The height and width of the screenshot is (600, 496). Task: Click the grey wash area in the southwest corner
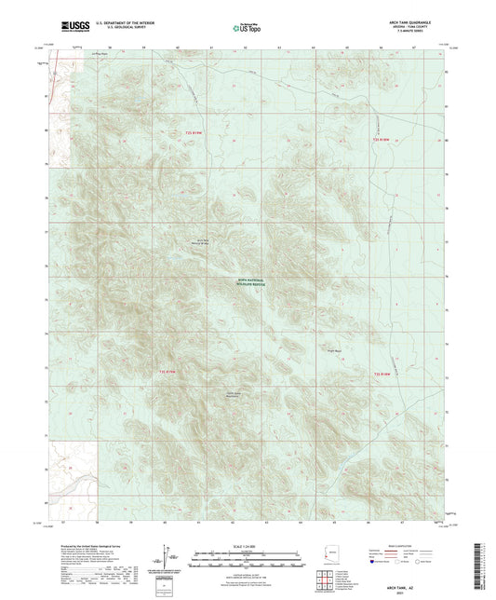(70, 482)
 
